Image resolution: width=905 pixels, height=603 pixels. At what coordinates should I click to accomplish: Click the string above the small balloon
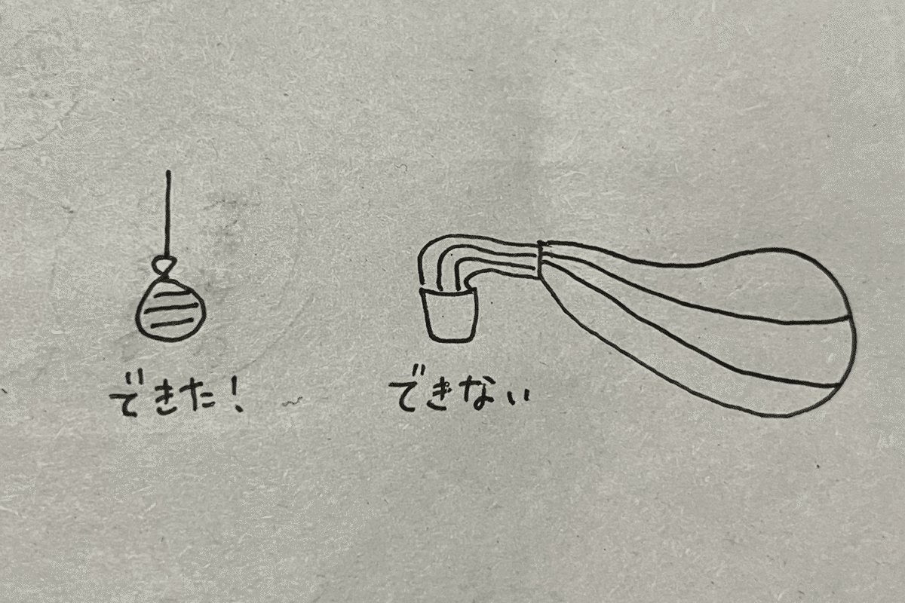point(167,213)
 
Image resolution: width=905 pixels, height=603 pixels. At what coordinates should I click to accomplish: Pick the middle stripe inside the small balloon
point(172,309)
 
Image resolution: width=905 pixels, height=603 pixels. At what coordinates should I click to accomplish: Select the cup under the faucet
point(449,315)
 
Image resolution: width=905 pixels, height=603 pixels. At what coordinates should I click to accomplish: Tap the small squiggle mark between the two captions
point(292,401)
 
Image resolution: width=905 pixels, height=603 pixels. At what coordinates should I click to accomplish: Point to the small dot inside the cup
point(443,317)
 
